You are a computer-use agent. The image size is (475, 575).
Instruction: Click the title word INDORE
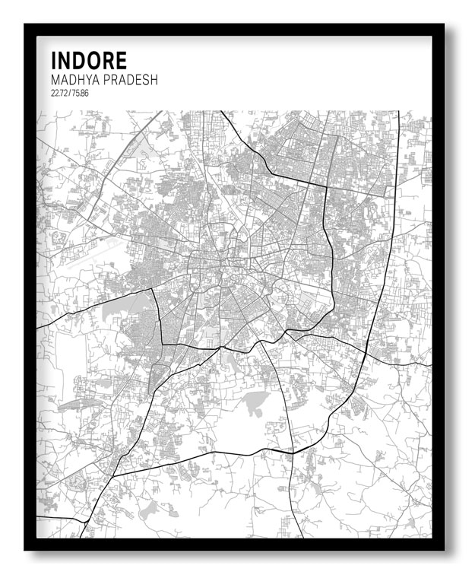[x=89, y=61]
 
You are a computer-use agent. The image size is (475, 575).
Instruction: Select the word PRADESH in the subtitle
[x=131, y=80]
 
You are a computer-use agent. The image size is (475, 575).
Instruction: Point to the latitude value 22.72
[x=59, y=94]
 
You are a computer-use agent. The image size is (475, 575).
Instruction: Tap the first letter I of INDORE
[x=54, y=61]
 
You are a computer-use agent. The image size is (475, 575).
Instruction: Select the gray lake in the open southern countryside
[x=255, y=401]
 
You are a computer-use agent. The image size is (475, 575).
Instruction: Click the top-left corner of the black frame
[x=26, y=25]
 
